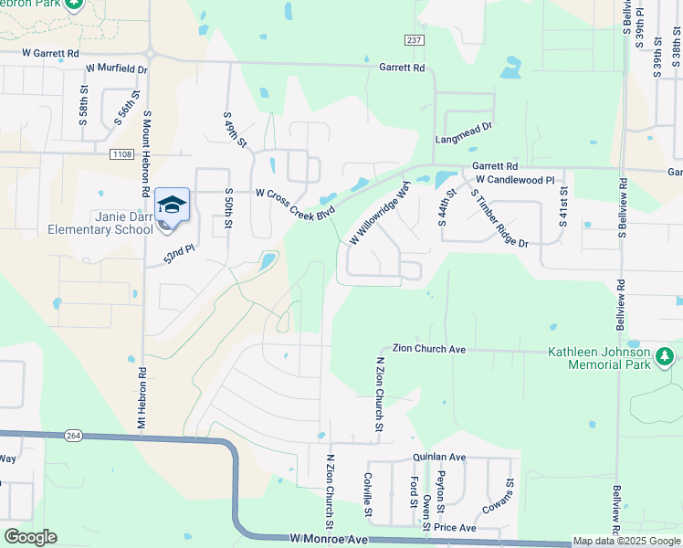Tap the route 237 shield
pyautogui.click(x=415, y=39)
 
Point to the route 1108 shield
pyautogui.click(x=121, y=154)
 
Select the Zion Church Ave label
pyautogui.click(x=429, y=349)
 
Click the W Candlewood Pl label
pyautogui.click(x=515, y=181)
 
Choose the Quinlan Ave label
pyautogui.click(x=440, y=457)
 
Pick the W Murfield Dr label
pyautogui.click(x=116, y=68)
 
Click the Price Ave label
pyautogui.click(x=455, y=528)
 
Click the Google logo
pyautogui.click(x=30, y=537)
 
